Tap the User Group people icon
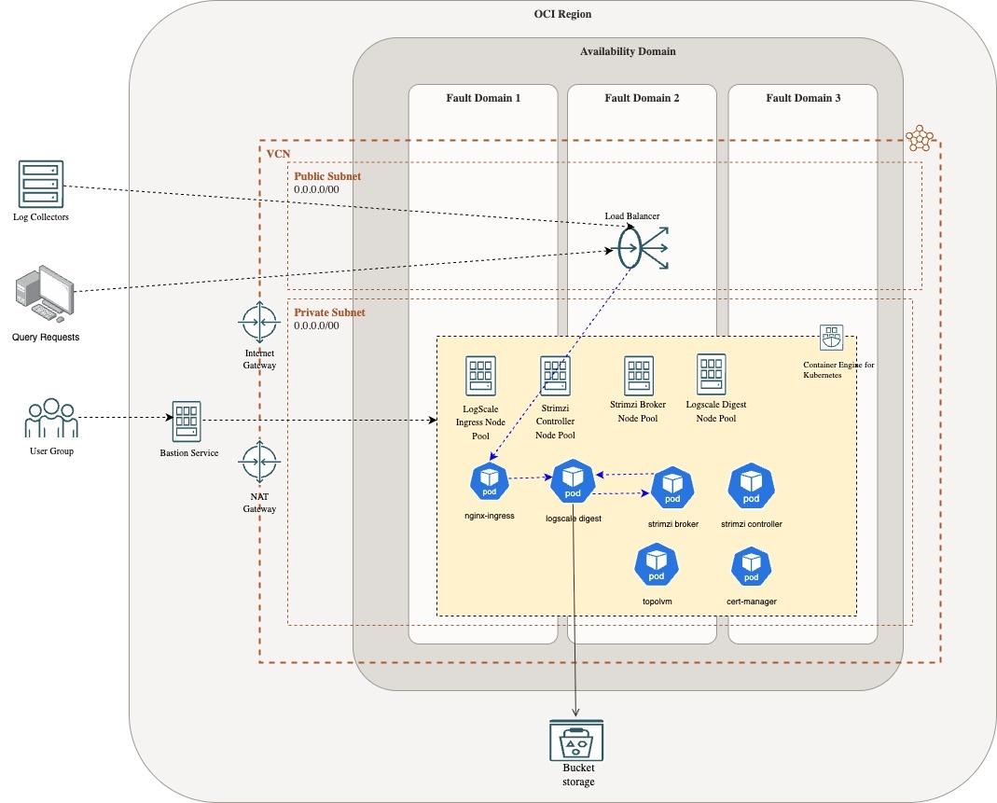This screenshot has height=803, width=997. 51,420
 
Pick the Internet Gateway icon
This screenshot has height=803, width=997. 259,323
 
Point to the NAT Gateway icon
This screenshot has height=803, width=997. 259,464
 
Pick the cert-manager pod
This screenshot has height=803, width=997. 751,566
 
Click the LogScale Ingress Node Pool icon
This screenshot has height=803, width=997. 481,377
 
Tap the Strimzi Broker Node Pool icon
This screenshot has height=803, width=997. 640,375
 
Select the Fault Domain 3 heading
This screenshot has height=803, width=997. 803,98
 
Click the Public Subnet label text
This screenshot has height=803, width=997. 327,175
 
